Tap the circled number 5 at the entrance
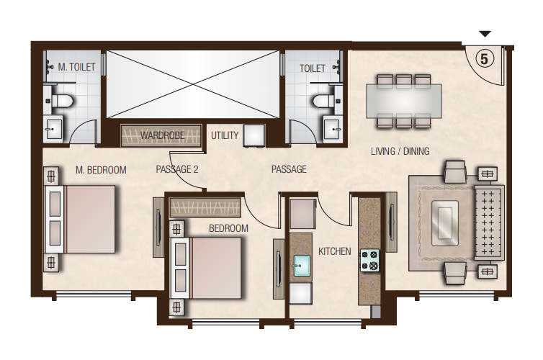click(485, 59)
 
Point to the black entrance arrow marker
click(485, 34)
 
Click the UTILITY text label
click(225, 135)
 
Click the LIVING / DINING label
click(400, 151)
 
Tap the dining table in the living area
click(403, 101)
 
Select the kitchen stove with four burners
click(369, 259)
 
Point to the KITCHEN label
click(335, 251)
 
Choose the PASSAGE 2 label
click(176, 170)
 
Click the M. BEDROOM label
click(101, 171)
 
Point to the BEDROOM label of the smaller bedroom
click(228, 228)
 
